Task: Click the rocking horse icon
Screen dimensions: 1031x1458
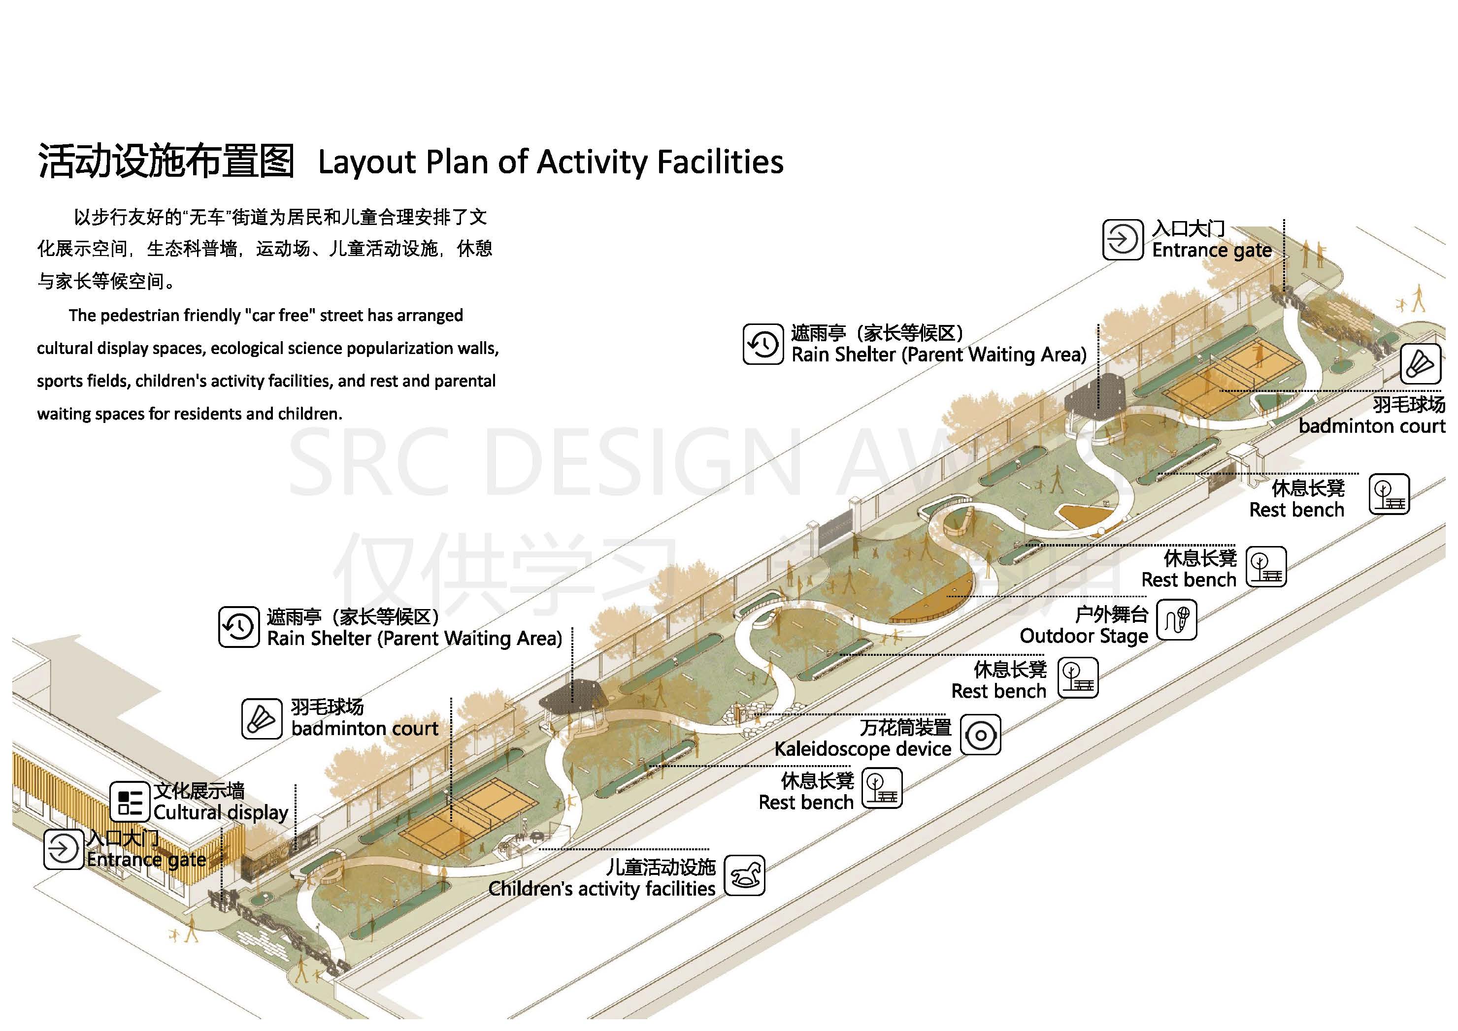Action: coord(744,875)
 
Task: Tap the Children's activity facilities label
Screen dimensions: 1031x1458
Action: coord(601,889)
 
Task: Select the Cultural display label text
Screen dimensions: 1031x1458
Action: coord(220,812)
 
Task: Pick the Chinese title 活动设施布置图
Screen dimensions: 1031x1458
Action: coord(166,161)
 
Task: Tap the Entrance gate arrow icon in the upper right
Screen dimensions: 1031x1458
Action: coord(1122,239)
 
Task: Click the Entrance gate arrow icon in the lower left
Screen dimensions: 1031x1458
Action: coord(64,849)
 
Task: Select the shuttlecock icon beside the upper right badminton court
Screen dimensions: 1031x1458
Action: coord(1420,364)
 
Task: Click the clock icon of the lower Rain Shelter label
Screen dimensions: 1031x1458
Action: coord(239,627)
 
